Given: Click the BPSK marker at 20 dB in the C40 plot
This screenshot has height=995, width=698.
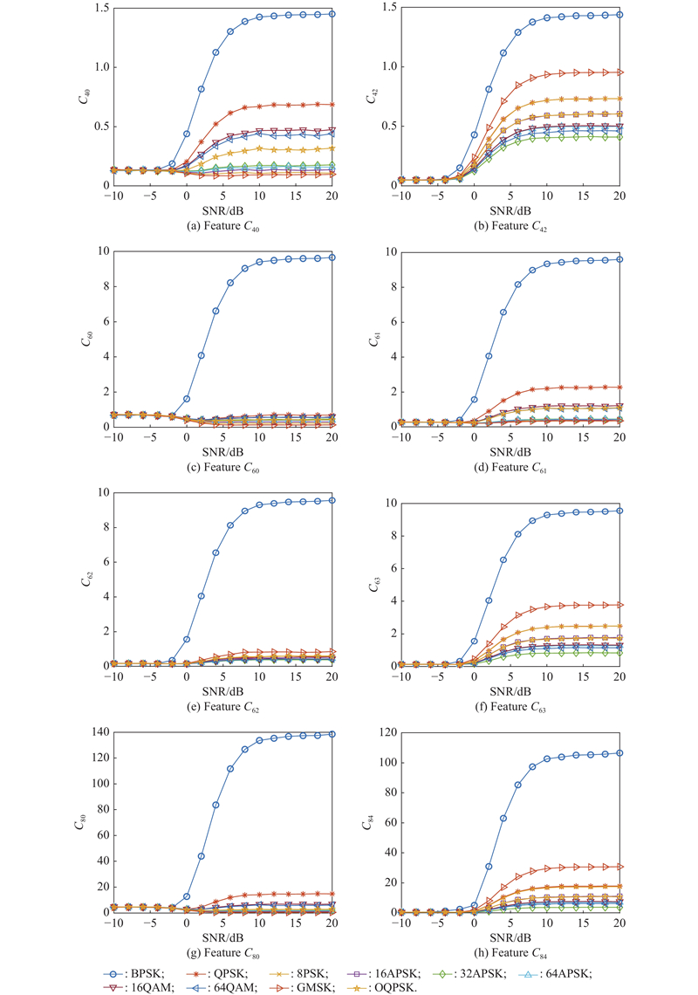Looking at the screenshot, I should [332, 14].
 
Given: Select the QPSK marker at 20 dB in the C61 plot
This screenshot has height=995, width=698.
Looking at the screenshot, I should [619, 387].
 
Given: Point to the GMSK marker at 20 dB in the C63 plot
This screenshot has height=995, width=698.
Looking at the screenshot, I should [619, 605].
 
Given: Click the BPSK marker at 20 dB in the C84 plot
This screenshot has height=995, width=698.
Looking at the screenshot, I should [619, 752].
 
